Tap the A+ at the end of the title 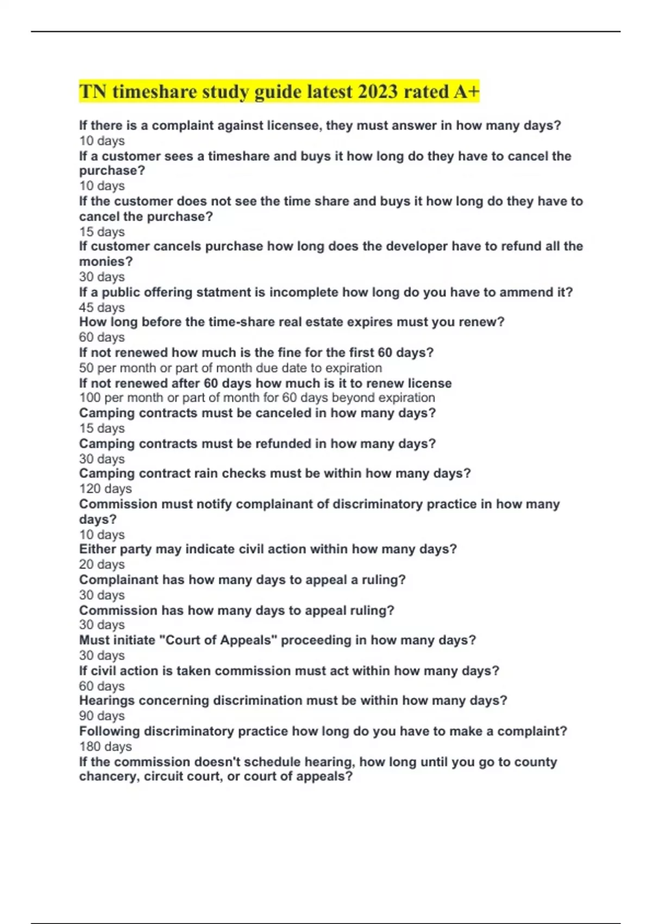(x=466, y=91)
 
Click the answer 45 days (x=102, y=308)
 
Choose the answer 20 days (x=102, y=565)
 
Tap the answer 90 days (x=102, y=716)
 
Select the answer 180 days (x=105, y=747)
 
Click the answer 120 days (x=105, y=489)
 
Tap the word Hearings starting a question (x=107, y=701)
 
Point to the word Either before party (x=97, y=549)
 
